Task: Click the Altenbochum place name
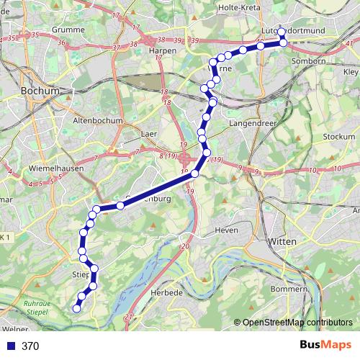[x=94, y=121]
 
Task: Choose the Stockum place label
[x=340, y=137]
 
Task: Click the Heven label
[x=227, y=230]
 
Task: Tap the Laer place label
[x=150, y=133]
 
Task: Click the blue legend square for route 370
[x=9, y=346]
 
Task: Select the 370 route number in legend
[x=30, y=346]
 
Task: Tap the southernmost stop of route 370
[x=76, y=309]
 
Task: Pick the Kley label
[x=351, y=73]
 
